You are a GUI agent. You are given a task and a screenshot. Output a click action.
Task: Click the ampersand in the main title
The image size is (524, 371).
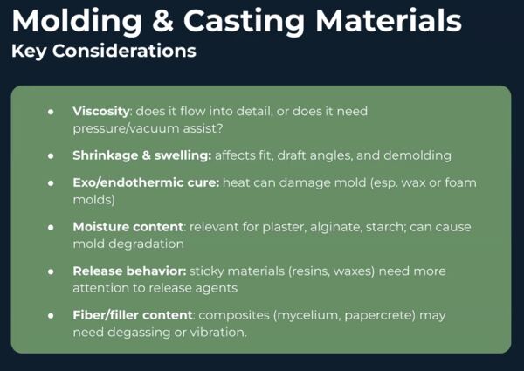tap(162, 21)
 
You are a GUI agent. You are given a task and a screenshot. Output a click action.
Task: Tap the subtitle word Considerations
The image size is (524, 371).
tap(124, 51)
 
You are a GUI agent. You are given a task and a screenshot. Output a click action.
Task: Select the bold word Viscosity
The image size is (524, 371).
tap(101, 112)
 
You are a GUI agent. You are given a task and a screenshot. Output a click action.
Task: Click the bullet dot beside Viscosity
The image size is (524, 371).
tap(51, 112)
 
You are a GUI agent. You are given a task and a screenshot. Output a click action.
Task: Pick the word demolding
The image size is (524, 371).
tap(417, 155)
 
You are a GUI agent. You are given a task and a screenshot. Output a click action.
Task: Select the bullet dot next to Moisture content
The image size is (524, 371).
tap(51, 228)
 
